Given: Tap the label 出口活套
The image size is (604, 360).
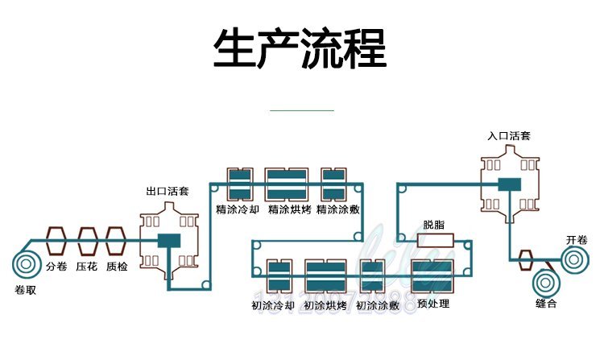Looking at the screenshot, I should [x=168, y=192].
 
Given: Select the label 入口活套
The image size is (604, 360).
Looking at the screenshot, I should [x=509, y=136].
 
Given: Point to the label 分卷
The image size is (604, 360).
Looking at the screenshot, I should [x=56, y=267].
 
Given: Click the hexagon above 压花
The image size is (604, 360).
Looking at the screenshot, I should [x=87, y=241].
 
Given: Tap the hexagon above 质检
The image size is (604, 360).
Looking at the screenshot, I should [x=117, y=241].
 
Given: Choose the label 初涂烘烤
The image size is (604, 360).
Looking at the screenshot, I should [x=325, y=305].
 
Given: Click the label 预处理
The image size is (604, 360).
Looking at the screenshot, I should [x=434, y=304].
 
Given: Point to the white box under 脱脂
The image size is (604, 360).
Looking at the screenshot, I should [x=436, y=240].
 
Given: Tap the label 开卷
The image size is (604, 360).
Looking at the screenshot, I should [x=577, y=239].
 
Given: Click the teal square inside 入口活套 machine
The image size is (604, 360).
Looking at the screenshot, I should [x=509, y=185].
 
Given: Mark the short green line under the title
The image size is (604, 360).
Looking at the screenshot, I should [x=300, y=110].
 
